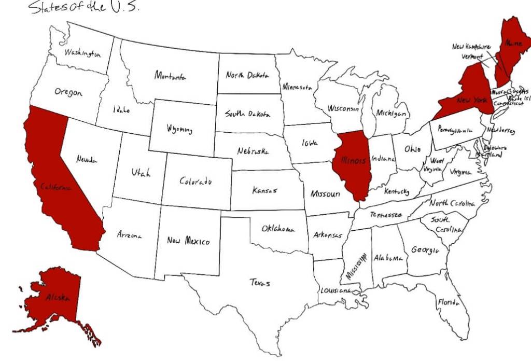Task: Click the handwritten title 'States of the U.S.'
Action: click(83, 7)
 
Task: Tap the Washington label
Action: click(82, 53)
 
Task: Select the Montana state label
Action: click(170, 76)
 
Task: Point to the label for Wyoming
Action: click(179, 129)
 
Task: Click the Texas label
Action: click(260, 283)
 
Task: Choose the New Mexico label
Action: click(188, 241)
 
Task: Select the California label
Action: click(55, 187)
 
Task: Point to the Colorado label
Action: click(195, 182)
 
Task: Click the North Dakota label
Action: click(247, 75)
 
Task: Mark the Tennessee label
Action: click(385, 214)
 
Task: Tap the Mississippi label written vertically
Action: click(356, 267)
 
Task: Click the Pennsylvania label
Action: click(455, 130)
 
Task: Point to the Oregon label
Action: click(68, 92)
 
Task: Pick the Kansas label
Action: click(264, 190)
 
